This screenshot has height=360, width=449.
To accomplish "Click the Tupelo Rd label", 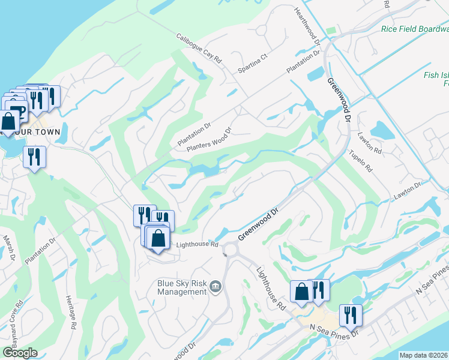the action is (361, 161).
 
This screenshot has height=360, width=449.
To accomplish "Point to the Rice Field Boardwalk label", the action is (415, 28).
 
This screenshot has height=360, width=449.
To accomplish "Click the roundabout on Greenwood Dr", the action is (230, 248).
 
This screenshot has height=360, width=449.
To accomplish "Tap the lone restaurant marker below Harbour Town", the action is (34, 157).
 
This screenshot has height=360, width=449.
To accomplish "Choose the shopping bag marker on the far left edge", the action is (9, 121).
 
